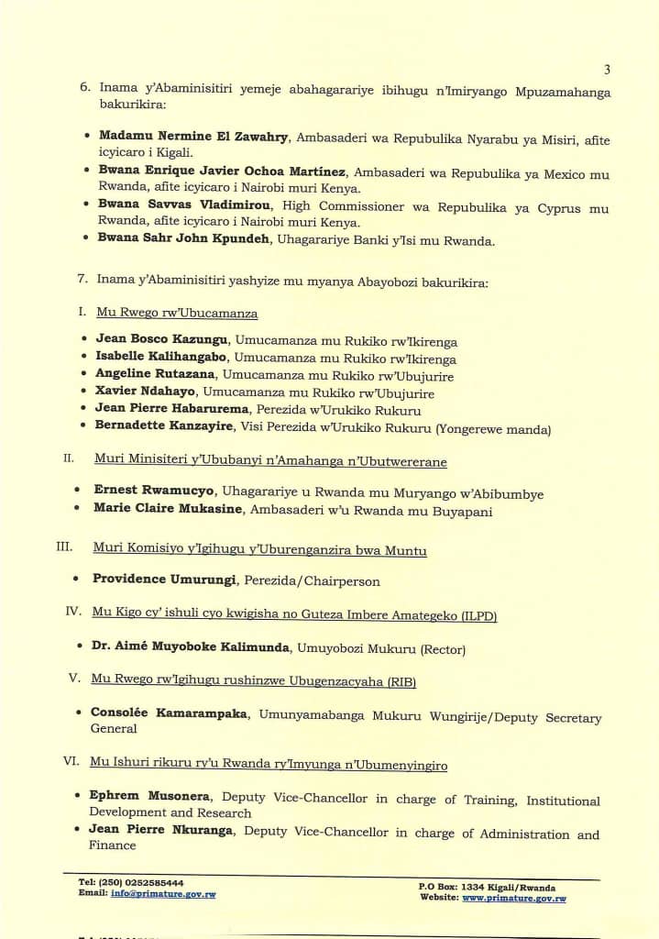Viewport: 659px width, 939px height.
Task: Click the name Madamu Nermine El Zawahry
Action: pos(194,137)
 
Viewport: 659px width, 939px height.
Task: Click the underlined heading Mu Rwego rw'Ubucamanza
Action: pos(177,313)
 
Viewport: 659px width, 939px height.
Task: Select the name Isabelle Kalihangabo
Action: pos(151,359)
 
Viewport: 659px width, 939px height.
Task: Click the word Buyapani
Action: pos(467,512)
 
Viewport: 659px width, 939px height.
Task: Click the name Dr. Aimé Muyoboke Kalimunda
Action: pos(191,647)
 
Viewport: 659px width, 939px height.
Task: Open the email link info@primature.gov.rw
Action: pos(163,893)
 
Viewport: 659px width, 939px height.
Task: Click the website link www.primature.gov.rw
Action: pos(513,899)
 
